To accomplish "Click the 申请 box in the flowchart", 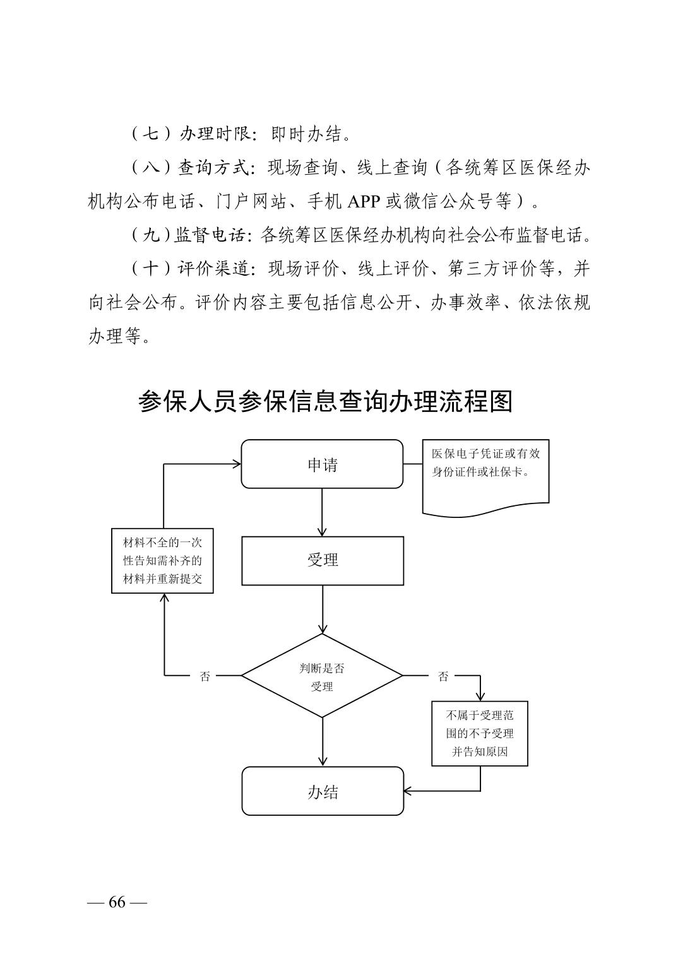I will [322, 464].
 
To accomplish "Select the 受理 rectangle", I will [322, 560].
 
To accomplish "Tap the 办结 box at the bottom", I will [322, 791].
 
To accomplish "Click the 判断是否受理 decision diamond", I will [322, 676].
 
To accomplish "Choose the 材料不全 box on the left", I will [162, 560].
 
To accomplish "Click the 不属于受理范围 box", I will [479, 733].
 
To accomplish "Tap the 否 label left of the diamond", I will [205, 676].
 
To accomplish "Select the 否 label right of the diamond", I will [443, 676].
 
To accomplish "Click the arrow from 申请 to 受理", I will [322, 512].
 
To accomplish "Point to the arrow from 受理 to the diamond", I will [322, 609].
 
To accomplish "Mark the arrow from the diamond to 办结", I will [322, 741].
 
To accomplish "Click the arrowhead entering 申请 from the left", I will [236, 464].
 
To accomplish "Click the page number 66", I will [117, 902].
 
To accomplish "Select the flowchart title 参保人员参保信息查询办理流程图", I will [325, 401].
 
